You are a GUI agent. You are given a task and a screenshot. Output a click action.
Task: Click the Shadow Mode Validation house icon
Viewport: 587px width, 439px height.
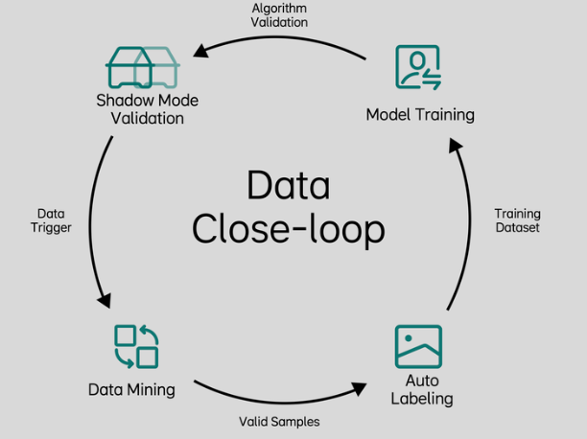pos(141,67)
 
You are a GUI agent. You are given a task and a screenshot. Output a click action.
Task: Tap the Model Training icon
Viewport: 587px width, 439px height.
pos(418,68)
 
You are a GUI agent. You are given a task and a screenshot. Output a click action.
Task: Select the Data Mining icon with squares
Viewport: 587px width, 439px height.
pos(136,347)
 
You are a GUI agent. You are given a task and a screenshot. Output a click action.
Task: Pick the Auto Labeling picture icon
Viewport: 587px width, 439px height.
pos(419,347)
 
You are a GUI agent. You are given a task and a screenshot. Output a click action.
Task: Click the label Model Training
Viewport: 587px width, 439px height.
pos(420,115)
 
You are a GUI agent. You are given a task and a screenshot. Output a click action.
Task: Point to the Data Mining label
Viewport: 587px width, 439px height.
pos(131,389)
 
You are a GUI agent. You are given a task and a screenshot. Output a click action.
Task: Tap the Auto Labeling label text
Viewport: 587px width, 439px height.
pos(421,390)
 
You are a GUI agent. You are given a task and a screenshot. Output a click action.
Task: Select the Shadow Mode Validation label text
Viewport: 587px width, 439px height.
pos(140,108)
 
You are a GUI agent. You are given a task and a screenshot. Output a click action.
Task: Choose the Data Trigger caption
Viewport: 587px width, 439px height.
pos(51,220)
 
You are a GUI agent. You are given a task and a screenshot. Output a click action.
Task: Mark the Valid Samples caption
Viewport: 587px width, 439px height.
pos(279,422)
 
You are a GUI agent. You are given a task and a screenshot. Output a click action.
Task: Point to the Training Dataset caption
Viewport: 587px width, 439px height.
pos(517,220)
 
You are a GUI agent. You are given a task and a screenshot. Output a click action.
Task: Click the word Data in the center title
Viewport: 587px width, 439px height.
pos(288,185)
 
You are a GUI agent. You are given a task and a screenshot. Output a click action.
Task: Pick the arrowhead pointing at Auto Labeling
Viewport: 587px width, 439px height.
pos(358,387)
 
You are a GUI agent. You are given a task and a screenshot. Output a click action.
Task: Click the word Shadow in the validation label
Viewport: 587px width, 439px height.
pos(118,100)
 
